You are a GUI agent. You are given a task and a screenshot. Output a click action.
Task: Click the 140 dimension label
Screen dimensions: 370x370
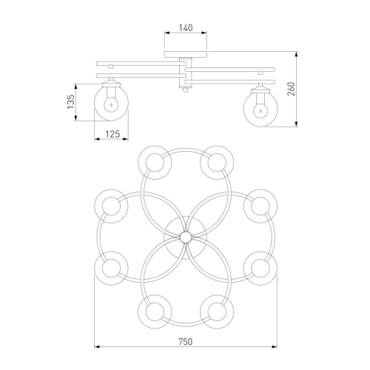point(186,28)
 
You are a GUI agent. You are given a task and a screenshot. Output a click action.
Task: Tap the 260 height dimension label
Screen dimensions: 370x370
point(292,89)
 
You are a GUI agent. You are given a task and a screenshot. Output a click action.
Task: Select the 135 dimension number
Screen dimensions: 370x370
point(70,101)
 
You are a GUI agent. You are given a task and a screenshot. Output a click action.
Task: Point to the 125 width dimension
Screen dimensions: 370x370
point(112,134)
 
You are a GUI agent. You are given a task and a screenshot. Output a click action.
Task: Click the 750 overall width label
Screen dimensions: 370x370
point(186,342)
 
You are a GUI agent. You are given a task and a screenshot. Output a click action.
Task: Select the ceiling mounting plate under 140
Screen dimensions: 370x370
point(186,54)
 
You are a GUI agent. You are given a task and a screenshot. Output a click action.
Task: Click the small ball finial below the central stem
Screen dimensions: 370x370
point(185,90)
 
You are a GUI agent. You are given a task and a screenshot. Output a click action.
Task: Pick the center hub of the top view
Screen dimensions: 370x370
point(186,238)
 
